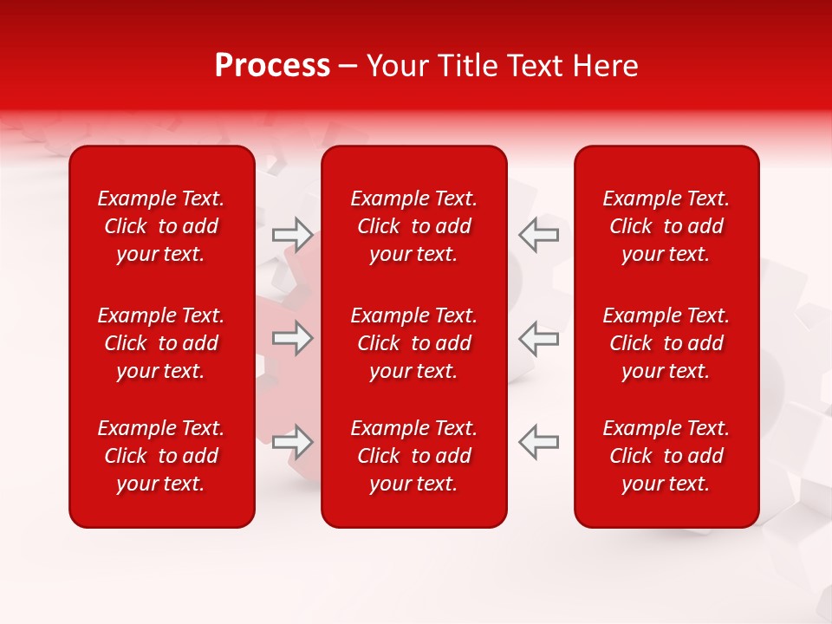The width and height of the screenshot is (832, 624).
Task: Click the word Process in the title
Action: click(272, 66)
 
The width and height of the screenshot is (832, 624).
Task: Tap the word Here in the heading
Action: click(604, 66)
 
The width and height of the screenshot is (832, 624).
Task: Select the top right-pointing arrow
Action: click(292, 234)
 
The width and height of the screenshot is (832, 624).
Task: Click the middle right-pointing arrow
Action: click(292, 337)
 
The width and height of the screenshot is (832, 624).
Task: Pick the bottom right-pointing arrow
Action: click(292, 442)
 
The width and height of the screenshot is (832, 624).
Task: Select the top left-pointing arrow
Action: click(539, 234)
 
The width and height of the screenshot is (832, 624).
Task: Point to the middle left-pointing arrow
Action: click(539, 337)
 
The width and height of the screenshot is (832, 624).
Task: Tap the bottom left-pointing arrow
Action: click(539, 442)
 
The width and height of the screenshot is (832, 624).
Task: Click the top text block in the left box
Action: click(161, 226)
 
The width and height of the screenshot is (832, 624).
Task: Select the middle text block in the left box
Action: click(161, 343)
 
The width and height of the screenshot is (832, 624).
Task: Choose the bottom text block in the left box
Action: click(161, 456)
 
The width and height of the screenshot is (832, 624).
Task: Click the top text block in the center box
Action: click(413, 226)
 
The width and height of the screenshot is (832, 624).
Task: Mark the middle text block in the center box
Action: click(413, 343)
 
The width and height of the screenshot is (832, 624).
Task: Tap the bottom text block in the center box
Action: click(413, 456)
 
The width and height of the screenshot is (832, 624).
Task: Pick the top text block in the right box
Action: click(666, 226)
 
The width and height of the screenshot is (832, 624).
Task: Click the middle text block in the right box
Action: click(666, 343)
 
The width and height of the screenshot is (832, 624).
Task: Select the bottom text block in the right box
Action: click(666, 456)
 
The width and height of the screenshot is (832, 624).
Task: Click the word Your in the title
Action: click(398, 66)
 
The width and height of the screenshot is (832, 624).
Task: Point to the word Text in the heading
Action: click(535, 66)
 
